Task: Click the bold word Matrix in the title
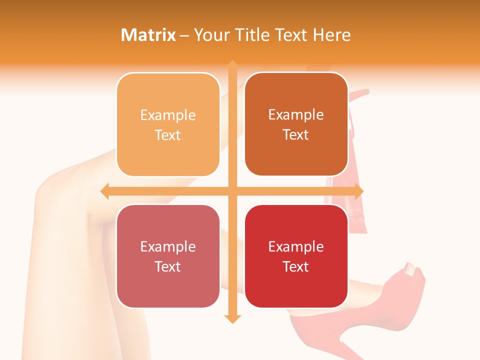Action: click(148, 35)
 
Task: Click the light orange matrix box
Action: click(168, 124)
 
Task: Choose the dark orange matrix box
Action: click(296, 124)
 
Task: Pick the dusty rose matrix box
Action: click(168, 256)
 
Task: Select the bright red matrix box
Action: click(296, 256)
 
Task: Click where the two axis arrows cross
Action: click(232, 191)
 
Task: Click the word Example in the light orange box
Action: click(168, 115)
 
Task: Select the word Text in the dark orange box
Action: click(296, 134)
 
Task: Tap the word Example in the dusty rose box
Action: click(168, 246)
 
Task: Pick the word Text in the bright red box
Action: click(296, 266)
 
